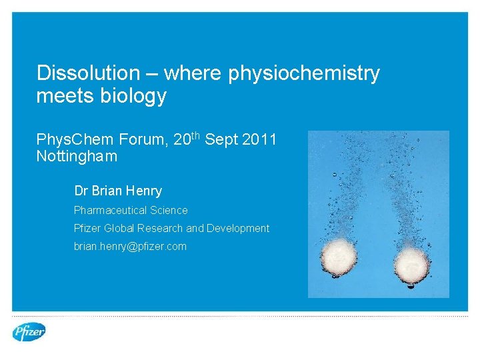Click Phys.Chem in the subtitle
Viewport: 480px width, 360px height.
tap(75, 140)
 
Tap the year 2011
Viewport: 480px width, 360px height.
tap(257, 140)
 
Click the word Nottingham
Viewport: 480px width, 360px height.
tap(77, 157)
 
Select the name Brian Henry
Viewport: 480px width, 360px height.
tap(127, 191)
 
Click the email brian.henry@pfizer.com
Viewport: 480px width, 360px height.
tap(130, 246)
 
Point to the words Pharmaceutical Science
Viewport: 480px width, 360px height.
tap(131, 210)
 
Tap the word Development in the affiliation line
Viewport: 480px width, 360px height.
tap(238, 228)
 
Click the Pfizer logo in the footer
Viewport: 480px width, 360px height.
tap(29, 331)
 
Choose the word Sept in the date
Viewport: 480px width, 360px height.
tap(219, 140)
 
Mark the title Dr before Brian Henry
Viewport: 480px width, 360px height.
tap(81, 191)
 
